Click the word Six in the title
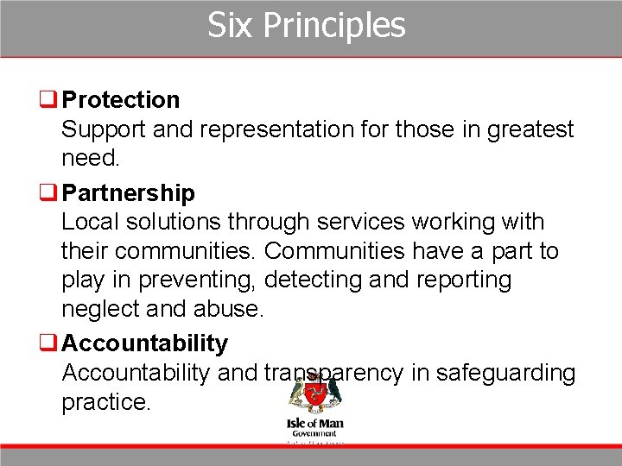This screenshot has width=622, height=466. (x=230, y=25)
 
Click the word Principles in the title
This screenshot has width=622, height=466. (x=333, y=26)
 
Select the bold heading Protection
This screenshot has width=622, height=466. (x=121, y=100)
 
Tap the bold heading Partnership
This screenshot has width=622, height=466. (x=128, y=192)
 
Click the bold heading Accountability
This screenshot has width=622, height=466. (x=144, y=343)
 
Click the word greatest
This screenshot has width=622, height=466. (x=530, y=129)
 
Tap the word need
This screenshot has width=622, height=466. (x=90, y=159)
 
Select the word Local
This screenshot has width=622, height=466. (x=90, y=222)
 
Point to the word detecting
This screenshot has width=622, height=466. (x=315, y=280)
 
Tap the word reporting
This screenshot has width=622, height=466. (x=466, y=280)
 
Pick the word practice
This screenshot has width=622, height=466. (x=105, y=402)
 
